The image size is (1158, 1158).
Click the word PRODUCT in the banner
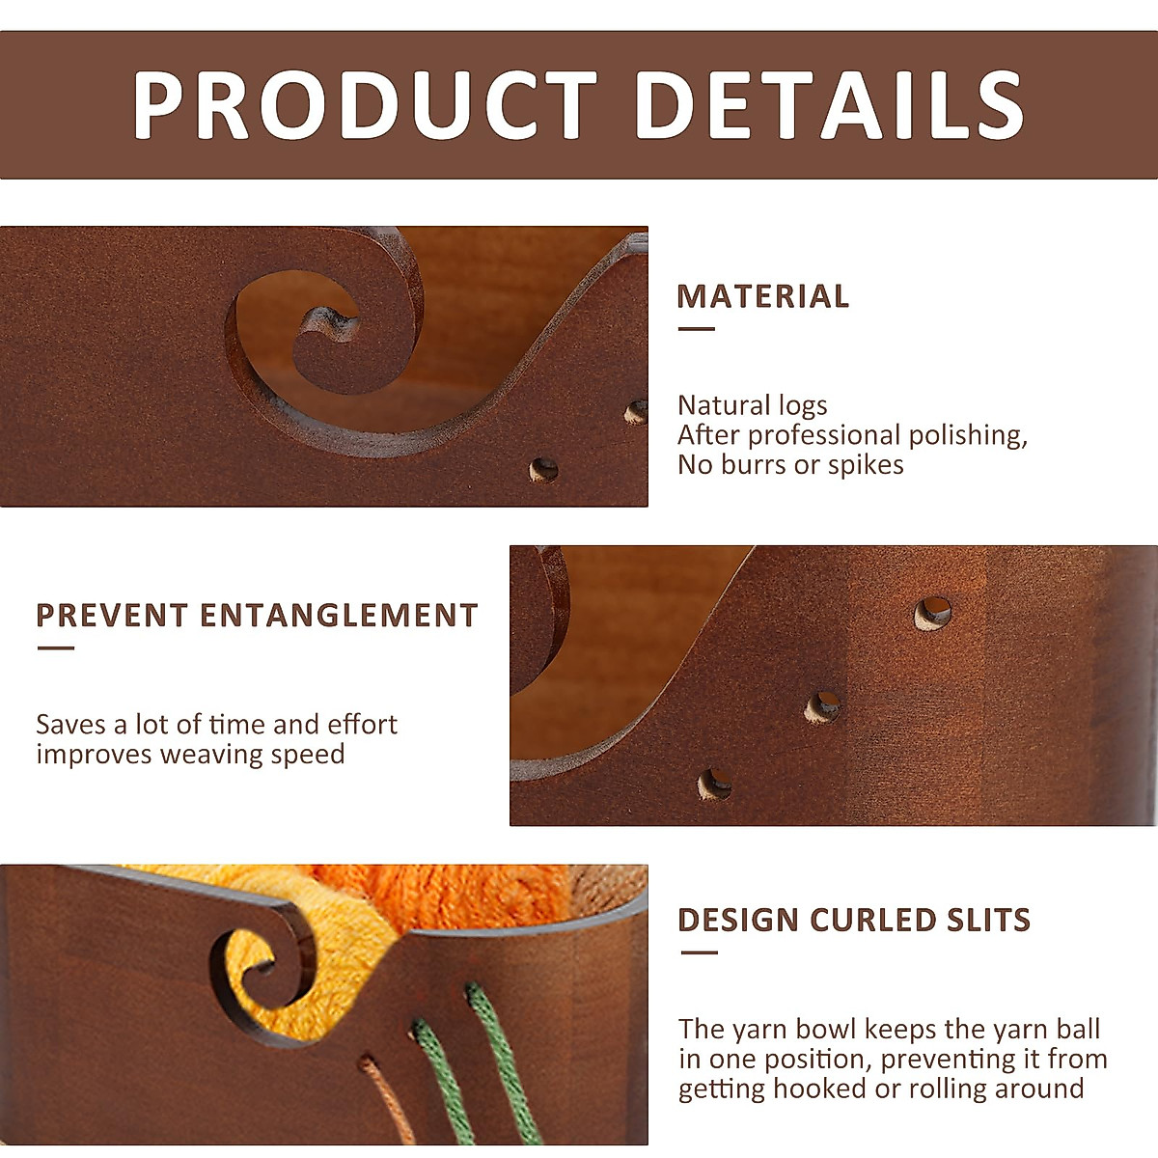click(365, 104)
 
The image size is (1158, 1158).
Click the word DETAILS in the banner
click(830, 104)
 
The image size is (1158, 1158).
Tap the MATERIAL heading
click(762, 296)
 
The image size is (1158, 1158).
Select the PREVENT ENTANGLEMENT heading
click(258, 616)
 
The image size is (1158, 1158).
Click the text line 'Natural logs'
click(753, 405)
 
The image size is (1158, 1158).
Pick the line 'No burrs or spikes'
click(790, 464)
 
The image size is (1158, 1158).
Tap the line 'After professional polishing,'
click(853, 435)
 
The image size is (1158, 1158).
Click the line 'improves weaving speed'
click(190, 755)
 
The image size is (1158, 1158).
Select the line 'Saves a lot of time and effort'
click(216, 725)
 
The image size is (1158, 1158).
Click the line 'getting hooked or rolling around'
click(881, 1089)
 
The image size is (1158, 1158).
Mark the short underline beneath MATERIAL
click(697, 329)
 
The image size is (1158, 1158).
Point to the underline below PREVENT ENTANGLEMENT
click(55, 648)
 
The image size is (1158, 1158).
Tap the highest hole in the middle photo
click(932, 613)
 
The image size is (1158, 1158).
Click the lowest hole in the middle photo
click(714, 785)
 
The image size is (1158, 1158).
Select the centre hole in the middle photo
click(823, 707)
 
